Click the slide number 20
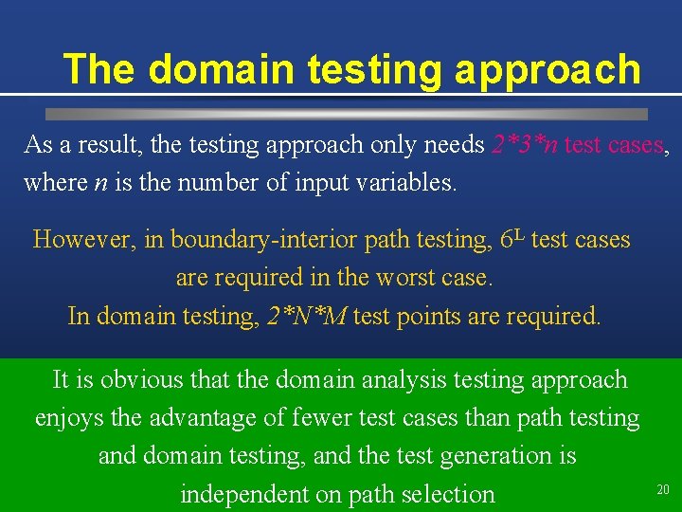point(663,489)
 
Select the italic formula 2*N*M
point(306,316)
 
